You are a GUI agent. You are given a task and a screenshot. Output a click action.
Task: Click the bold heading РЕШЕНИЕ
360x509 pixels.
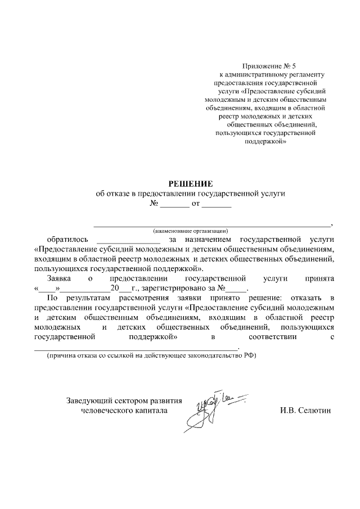191,183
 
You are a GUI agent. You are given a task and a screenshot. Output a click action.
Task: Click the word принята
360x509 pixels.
319,278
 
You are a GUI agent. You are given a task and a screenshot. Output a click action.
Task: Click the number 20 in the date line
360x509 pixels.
115,287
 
